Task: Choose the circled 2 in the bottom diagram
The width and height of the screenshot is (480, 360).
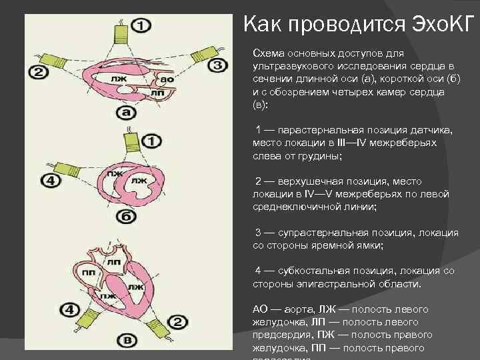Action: [x=178, y=323]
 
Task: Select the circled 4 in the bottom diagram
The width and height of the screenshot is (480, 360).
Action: [x=69, y=309]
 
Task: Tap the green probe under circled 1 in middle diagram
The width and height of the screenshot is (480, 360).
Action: [x=131, y=142]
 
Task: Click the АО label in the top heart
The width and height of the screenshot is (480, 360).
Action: [x=168, y=79]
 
